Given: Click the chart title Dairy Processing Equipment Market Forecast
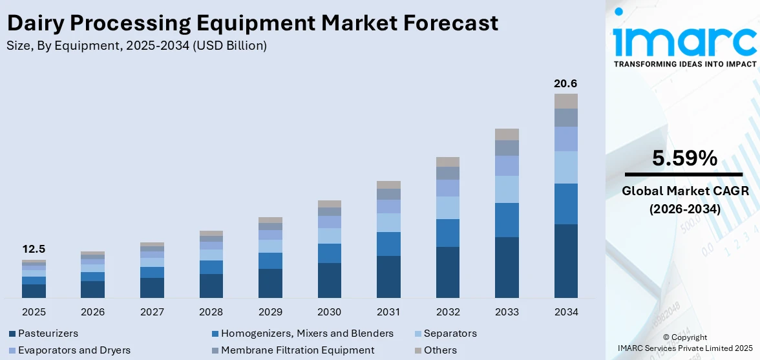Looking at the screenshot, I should tap(252, 23).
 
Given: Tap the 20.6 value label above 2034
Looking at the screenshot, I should tap(565, 83).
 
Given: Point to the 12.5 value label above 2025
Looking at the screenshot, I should tap(34, 249).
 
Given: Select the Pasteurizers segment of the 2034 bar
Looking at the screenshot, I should tap(565, 261).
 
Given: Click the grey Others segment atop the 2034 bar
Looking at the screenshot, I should tap(565, 101).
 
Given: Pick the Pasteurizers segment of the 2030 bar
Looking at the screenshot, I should tap(329, 281).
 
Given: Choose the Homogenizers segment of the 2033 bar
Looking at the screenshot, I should tap(507, 220).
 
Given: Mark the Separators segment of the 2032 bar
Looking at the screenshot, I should tap(447, 208).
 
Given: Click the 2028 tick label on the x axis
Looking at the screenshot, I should tap(211, 312).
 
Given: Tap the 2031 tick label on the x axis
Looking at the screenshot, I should tap(388, 312).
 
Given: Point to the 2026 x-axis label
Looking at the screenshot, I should tap(93, 312).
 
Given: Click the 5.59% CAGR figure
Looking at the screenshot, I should tap(684, 158).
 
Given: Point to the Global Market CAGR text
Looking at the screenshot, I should tap(684, 191).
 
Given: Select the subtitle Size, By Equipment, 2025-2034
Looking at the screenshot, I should tap(136, 46).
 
